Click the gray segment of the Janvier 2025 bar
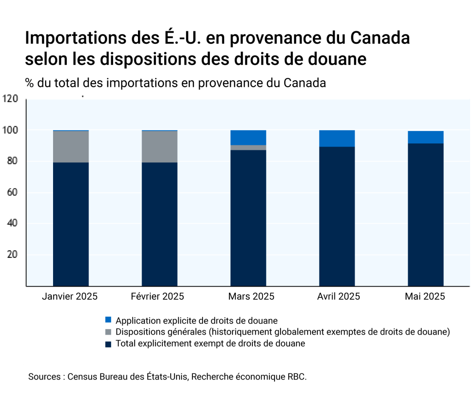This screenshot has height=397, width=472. click(71, 147)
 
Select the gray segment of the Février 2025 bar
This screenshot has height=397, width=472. click(160, 147)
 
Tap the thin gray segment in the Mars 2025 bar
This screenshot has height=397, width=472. click(248, 148)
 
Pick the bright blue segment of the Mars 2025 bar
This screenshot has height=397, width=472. click(248, 137)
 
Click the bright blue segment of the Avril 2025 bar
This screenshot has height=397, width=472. click(337, 138)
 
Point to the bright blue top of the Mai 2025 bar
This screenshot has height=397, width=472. click(425, 137)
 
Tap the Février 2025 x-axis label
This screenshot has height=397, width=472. click(157, 296)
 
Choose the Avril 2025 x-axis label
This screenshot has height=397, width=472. click(339, 296)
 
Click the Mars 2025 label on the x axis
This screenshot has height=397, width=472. click(251, 296)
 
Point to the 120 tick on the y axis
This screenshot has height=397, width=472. click(10, 99)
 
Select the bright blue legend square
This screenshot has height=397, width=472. click(108, 320)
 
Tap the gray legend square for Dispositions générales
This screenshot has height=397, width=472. click(108, 332)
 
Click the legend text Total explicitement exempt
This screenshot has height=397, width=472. click(210, 344)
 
